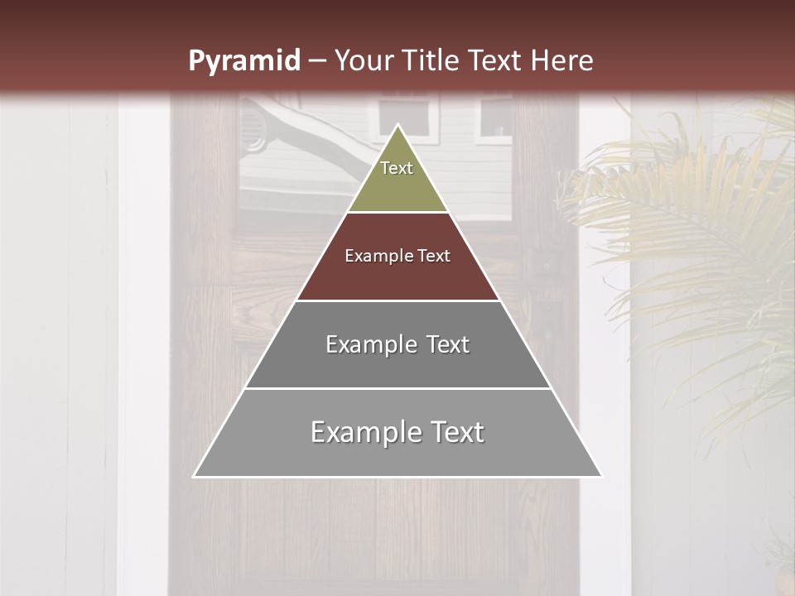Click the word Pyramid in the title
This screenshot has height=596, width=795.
[x=243, y=61]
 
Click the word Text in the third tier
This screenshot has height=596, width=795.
[x=448, y=344]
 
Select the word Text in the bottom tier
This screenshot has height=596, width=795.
[x=455, y=432]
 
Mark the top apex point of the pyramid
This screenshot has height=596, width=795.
[x=398, y=126]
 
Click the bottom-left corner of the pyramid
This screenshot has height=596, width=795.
[x=195, y=476]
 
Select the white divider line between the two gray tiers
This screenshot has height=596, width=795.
[x=397, y=388]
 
